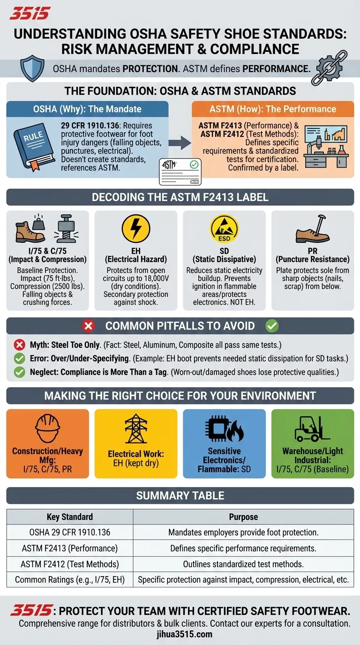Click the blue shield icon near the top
pyautogui.click(x=32, y=68)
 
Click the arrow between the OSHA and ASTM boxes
pyautogui.click(x=180, y=142)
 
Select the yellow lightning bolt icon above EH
pyautogui.click(x=136, y=228)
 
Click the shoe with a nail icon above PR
pyautogui.click(x=313, y=229)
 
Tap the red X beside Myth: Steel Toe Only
pyautogui.click(x=19, y=345)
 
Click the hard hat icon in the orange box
pyautogui.click(x=47, y=428)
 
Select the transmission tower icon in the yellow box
pyautogui.click(x=136, y=428)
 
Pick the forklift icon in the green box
pyautogui.click(x=312, y=429)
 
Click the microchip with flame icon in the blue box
pyautogui.click(x=224, y=428)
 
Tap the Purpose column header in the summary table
pyautogui.click(x=243, y=517)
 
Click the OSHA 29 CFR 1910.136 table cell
pyautogui.click(x=70, y=532)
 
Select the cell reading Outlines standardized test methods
pyautogui.click(x=243, y=564)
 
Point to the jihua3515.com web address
pyautogui.click(x=184, y=634)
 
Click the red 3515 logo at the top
pyautogui.click(x=30, y=14)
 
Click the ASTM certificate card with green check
pyautogui.click(x=180, y=172)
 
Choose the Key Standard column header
pyautogui.click(x=70, y=517)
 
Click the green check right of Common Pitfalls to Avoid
pyautogui.click(x=272, y=326)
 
